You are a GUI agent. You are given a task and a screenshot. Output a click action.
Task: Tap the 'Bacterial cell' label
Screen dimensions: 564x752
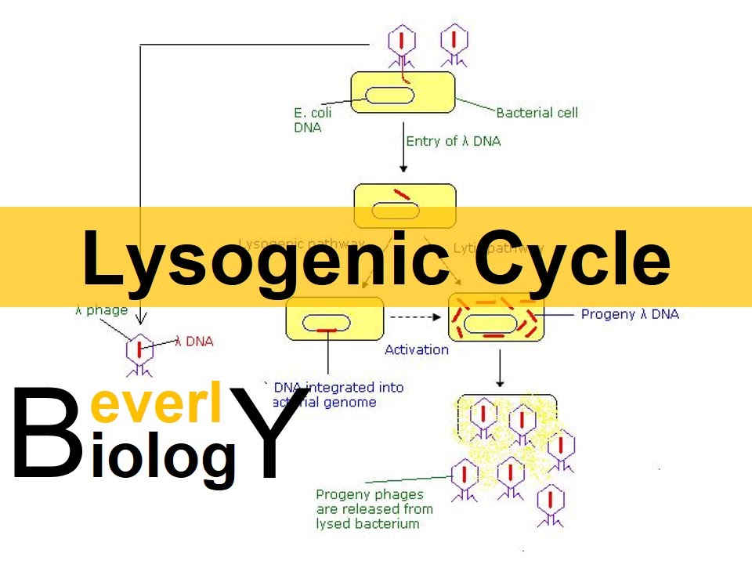537,112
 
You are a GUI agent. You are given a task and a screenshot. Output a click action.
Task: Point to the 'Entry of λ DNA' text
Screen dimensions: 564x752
453,141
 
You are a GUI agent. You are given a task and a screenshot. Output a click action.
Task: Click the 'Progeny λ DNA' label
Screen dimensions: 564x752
630,314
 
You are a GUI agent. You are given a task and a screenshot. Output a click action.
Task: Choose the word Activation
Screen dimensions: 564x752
416,349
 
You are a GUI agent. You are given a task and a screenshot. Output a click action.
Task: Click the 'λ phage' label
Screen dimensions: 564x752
101,310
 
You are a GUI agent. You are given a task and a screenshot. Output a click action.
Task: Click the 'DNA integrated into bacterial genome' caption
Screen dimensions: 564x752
337,395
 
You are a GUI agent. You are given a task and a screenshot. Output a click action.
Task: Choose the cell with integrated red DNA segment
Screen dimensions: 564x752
334,318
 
